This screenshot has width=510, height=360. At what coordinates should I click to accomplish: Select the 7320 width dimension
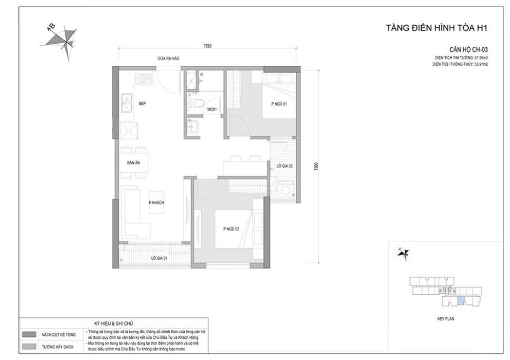[207, 46]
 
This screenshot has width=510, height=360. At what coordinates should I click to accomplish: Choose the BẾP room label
[143, 104]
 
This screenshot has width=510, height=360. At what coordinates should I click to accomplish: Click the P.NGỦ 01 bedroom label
[279, 104]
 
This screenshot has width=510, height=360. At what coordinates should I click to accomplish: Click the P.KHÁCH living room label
[156, 204]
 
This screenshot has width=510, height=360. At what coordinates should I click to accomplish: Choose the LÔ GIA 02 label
[285, 166]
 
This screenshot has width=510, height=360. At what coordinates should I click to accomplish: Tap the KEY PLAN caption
[445, 319]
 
